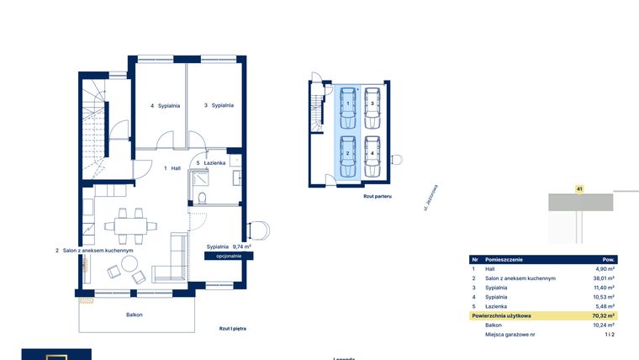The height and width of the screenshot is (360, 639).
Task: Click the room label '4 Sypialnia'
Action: coord(163,106)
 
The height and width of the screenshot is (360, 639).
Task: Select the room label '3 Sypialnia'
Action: coord(218,105)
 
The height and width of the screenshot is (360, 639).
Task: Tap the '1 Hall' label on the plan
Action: coord(172,168)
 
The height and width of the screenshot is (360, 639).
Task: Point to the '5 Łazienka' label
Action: coord(210,163)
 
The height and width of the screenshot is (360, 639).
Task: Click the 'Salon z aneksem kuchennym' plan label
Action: coord(95,251)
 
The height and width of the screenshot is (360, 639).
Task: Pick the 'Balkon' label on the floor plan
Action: coord(135,315)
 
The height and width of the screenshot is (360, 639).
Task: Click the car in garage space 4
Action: coord(372,155)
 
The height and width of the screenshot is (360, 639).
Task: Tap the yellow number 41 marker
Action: coord(579,189)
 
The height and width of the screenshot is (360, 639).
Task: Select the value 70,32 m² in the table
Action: coord(604,315)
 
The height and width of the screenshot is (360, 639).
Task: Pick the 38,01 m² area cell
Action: coord(604,278)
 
